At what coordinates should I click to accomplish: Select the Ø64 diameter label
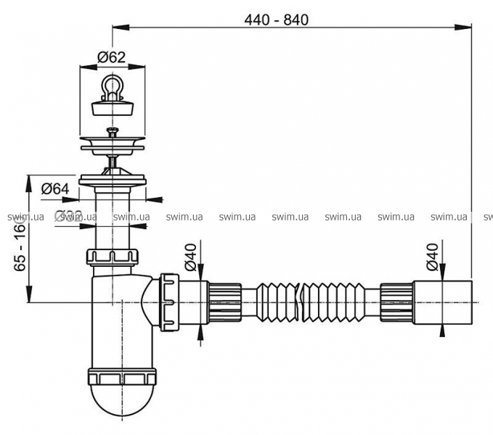click(55, 189)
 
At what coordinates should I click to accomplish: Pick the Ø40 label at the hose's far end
click(432, 257)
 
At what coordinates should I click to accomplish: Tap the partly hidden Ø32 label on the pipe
click(70, 215)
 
